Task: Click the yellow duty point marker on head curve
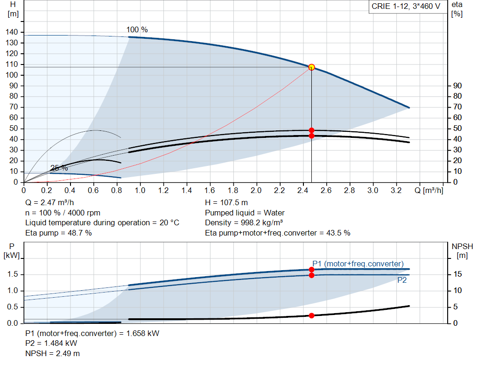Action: click(x=311, y=67)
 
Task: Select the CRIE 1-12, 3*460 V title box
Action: click(x=406, y=7)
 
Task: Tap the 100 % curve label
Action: click(x=137, y=30)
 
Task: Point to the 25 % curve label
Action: click(x=59, y=168)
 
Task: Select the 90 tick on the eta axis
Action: click(x=457, y=86)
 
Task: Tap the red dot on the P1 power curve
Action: click(x=311, y=270)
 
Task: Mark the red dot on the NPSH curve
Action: click(x=311, y=315)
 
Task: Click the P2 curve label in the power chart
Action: click(x=402, y=281)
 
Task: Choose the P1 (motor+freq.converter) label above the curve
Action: click(x=358, y=264)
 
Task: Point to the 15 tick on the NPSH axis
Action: click(x=457, y=274)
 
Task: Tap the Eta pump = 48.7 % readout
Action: click(x=58, y=232)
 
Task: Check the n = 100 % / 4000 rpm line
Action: click(x=63, y=213)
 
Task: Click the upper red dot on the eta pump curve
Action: click(x=311, y=130)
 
